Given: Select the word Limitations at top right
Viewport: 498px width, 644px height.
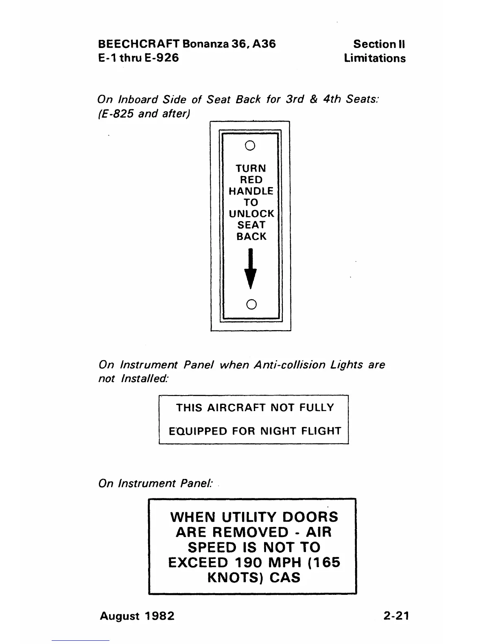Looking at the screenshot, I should [x=375, y=58].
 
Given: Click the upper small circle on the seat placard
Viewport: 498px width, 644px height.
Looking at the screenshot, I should [x=251, y=145].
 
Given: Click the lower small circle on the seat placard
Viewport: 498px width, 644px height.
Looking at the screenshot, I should [x=251, y=304].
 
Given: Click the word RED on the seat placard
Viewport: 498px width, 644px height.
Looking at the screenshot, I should [x=251, y=180].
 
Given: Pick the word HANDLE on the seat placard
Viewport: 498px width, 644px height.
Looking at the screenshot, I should [x=251, y=191].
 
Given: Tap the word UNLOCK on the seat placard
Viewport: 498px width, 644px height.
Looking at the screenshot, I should [x=251, y=213].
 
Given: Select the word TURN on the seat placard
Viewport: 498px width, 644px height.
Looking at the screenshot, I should [x=251, y=168].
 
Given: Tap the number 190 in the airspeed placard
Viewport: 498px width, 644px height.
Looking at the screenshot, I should [x=251, y=563].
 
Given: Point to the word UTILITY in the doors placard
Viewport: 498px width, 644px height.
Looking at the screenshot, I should [x=249, y=517].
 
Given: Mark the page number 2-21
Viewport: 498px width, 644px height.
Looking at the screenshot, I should [x=396, y=616].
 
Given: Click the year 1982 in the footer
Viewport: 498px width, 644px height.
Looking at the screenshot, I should [x=159, y=616].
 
